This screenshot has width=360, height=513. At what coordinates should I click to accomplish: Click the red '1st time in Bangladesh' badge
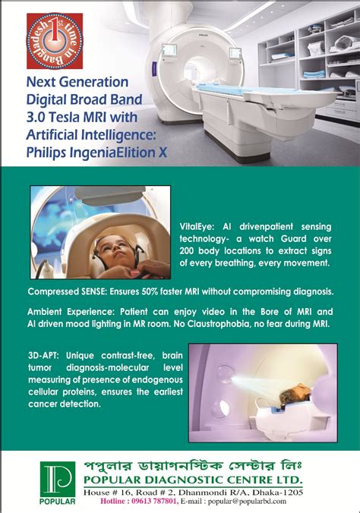[55, 41]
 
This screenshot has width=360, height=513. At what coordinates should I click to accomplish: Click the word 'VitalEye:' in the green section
[197, 226]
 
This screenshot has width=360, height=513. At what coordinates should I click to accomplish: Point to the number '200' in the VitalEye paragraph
[187, 251]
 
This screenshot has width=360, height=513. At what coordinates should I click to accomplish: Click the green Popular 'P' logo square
[57, 480]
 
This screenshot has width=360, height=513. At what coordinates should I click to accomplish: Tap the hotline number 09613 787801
[155, 501]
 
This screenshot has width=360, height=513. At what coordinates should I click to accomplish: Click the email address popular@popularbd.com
[247, 501]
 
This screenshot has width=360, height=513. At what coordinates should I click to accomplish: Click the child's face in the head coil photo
[113, 250]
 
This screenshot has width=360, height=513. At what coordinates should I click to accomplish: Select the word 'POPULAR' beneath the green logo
[57, 502]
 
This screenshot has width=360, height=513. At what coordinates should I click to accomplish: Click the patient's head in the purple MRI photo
[295, 395]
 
